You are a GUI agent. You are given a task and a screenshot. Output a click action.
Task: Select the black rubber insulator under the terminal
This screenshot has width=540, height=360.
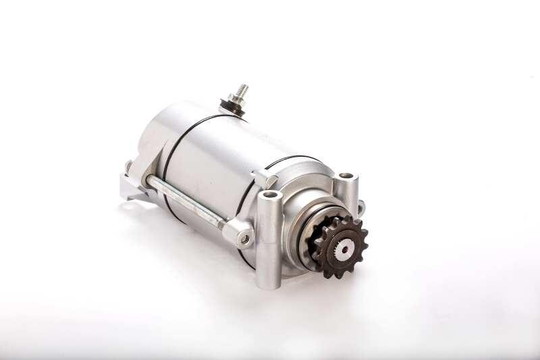point(233,109)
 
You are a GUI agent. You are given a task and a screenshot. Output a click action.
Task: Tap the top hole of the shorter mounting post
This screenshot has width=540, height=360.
point(346,176)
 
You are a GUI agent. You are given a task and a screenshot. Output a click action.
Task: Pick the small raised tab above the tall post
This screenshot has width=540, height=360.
point(264,178)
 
